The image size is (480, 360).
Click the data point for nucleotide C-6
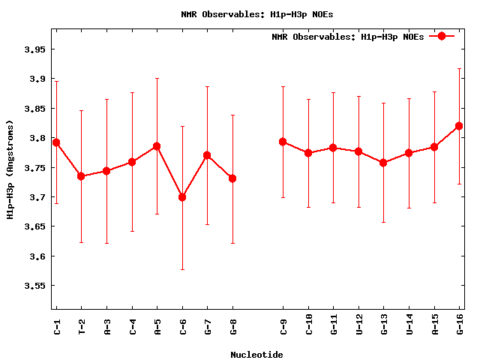tap(182, 197)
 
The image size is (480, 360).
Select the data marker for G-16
tap(459, 126)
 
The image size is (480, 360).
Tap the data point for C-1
tap(56, 142)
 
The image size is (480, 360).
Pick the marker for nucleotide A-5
tap(157, 146)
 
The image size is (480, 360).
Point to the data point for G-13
tap(383, 163)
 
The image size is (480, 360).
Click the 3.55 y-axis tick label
tap(34, 286)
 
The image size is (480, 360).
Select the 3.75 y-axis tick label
tap(34, 168)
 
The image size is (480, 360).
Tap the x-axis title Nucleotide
tap(256, 355)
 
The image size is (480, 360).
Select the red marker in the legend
tap(442, 36)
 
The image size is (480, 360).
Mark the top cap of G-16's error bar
tap(459, 69)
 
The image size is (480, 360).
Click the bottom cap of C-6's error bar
tap(182, 269)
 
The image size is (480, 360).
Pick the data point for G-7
tap(207, 155)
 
